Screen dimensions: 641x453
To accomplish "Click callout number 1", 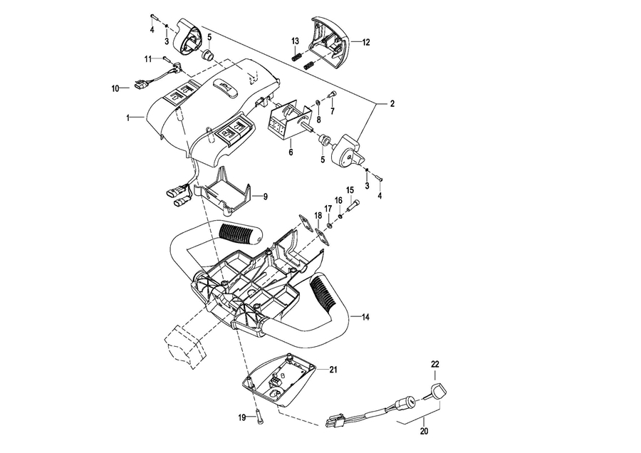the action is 128,118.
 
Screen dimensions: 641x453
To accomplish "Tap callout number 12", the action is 366,42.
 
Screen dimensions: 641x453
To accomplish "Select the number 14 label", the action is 365,317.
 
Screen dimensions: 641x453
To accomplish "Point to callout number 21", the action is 333,370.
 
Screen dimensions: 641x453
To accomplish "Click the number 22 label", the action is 434,364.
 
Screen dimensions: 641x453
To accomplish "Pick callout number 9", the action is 266,197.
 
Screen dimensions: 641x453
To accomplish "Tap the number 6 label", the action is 291,152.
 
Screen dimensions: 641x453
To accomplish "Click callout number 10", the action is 115,88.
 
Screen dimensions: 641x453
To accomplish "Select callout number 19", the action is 242,417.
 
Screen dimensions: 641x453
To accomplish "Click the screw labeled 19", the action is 259,417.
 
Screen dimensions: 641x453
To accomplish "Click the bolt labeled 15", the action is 353,205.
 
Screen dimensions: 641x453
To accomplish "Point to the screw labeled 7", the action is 332,95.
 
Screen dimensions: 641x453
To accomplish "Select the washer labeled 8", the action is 318,102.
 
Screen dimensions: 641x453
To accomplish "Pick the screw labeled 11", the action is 167,59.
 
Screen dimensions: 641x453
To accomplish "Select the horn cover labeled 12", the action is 330,43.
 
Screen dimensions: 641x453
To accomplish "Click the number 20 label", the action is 424,431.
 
